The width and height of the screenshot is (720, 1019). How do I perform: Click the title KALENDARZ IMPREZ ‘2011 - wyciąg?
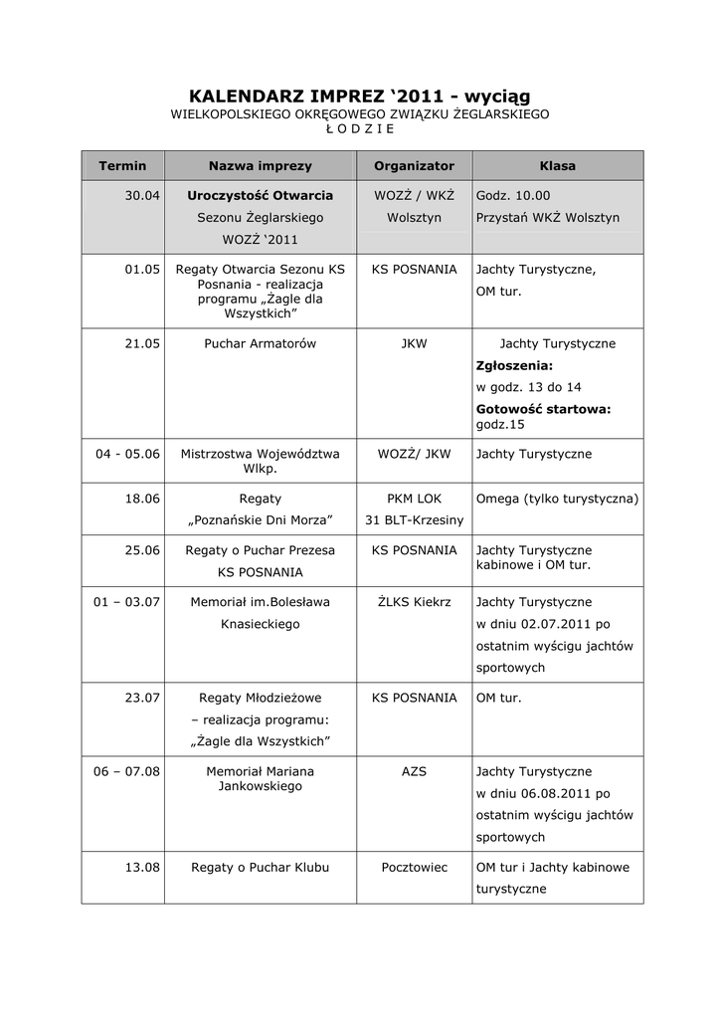pyautogui.click(x=359, y=97)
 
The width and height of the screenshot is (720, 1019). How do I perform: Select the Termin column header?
pyautogui.click(x=122, y=165)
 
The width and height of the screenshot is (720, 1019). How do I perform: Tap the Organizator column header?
pyautogui.click(x=414, y=165)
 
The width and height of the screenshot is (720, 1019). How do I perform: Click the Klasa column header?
pyautogui.click(x=557, y=165)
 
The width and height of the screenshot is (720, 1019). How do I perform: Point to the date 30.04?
pyautogui.click(x=142, y=196)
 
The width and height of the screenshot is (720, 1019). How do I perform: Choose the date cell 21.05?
pyautogui.click(x=142, y=343)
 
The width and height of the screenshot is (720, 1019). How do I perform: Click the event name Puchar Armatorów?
pyautogui.click(x=260, y=343)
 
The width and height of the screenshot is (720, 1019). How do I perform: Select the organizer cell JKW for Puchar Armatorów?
pyautogui.click(x=414, y=343)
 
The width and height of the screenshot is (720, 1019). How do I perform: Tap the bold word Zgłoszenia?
pyautogui.click(x=514, y=365)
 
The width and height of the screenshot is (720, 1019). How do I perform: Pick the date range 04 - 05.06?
pyautogui.click(x=128, y=454)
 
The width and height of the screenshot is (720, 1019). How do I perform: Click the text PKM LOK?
pyautogui.click(x=414, y=498)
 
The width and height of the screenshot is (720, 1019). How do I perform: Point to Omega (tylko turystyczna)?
pyautogui.click(x=557, y=498)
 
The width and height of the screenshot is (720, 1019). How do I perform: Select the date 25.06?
pyautogui.click(x=142, y=550)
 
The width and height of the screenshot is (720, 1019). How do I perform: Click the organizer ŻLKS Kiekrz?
pyautogui.click(x=414, y=602)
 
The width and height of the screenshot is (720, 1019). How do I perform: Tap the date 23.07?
pyautogui.click(x=142, y=698)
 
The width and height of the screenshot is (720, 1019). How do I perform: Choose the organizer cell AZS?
pyautogui.click(x=414, y=771)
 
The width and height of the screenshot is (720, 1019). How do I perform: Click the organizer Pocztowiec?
pyautogui.click(x=414, y=867)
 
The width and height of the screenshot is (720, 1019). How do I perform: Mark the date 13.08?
pyautogui.click(x=142, y=867)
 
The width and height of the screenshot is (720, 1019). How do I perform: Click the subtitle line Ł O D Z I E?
pyautogui.click(x=359, y=128)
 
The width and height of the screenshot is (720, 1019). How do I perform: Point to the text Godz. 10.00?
pyautogui.click(x=513, y=196)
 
